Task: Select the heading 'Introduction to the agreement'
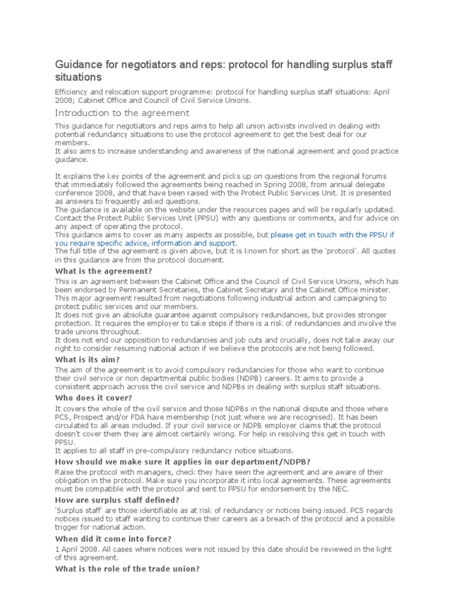(122, 113)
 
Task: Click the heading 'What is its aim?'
(87, 360)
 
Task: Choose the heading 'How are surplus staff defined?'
(116, 500)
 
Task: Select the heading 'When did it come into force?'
(113, 539)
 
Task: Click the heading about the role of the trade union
(127, 569)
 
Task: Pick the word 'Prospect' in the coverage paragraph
(91, 417)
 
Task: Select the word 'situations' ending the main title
(79, 78)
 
